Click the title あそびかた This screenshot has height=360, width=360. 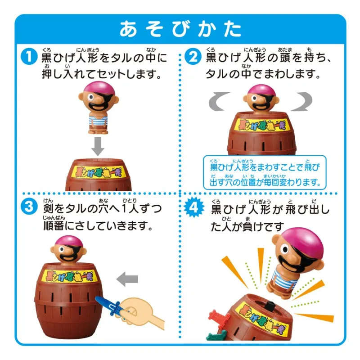pos(180,29)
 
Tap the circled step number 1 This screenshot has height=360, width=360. pos(29,57)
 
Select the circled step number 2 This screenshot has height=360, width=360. pos(193,57)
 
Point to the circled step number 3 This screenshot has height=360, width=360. pos(29,207)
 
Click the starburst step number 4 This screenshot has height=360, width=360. pos(194,207)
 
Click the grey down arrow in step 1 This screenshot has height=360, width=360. pos(98,146)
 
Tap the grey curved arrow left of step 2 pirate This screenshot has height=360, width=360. pos(219,101)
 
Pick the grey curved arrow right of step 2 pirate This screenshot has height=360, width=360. pos(302,101)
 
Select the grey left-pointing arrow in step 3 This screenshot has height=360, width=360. pos(127,279)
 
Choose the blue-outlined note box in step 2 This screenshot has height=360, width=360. pos(265,173)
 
